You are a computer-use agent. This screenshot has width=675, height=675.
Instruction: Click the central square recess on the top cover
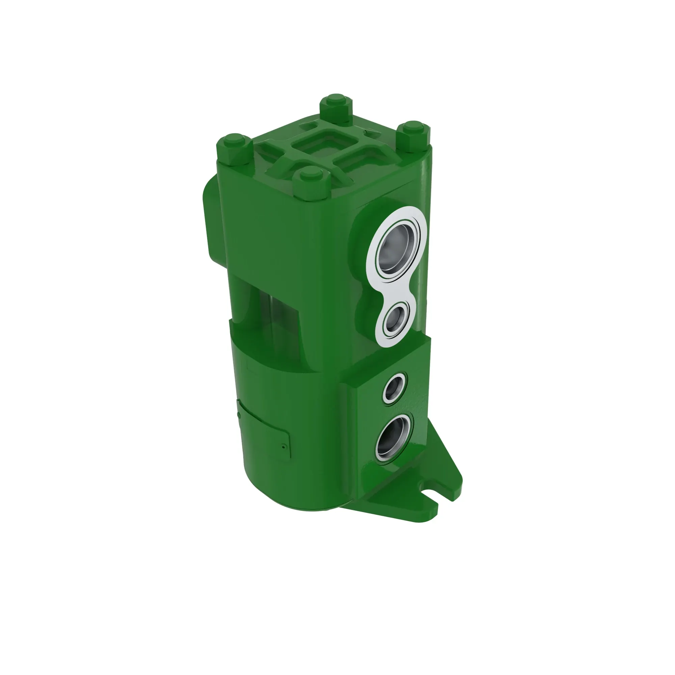click(325, 144)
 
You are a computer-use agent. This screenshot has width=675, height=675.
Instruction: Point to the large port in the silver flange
click(397, 249)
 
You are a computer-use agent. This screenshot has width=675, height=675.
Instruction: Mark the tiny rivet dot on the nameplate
click(283, 446)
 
